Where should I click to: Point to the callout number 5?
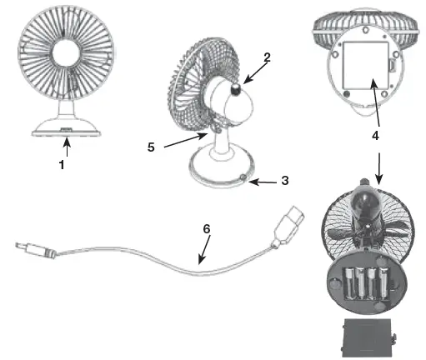click(x=151, y=147)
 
